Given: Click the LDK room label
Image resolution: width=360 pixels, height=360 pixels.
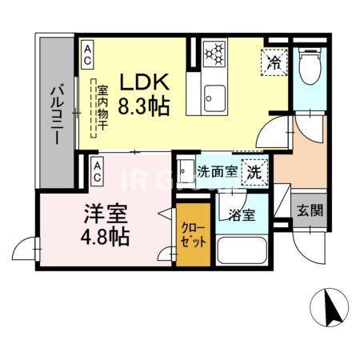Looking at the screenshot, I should pyautogui.click(x=144, y=82).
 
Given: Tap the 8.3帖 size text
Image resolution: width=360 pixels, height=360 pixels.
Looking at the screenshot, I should pyautogui.click(x=144, y=106).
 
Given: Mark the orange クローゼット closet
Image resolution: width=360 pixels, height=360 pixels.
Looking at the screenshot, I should pyautogui.click(x=194, y=238).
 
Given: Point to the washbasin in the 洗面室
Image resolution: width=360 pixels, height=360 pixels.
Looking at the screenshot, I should pyautogui.click(x=185, y=170).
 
